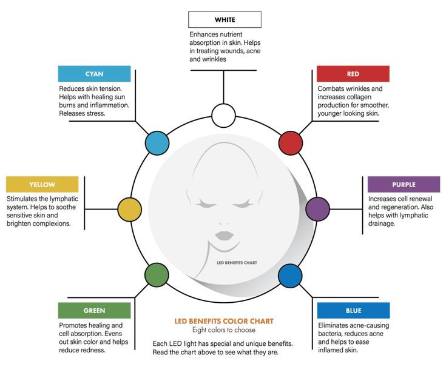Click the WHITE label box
coord(225,19)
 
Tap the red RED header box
coord(353,74)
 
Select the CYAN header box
coord(95,74)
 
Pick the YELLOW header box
coord(42,185)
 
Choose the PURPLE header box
coord(404,185)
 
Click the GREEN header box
coord(95,311)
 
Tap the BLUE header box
coord(354,311)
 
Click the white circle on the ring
coord(223,116)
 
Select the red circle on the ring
coord(291,143)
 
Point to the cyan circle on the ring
coord(157,143)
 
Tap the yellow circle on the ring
coord(129,210)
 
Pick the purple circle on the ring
coord(318,209)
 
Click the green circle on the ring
coord(157,275)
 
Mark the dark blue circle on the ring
coord(290,276)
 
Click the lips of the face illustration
coord(225,236)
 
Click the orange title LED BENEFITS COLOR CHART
coord(224,321)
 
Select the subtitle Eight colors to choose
coord(224,330)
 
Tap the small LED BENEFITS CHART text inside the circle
coord(237,263)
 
